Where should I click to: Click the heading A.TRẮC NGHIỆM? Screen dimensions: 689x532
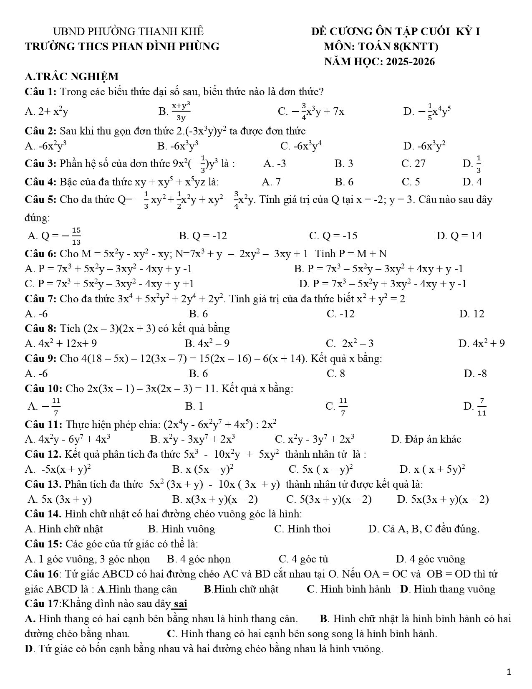pyautogui.click(x=72, y=77)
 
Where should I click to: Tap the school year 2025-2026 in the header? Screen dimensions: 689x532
pyautogui.click(x=410, y=62)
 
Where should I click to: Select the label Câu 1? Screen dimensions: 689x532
pyautogui.click(x=41, y=91)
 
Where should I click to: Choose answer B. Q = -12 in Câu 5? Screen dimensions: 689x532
pyautogui.click(x=203, y=236)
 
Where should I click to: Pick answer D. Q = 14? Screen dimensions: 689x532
pyautogui.click(x=459, y=236)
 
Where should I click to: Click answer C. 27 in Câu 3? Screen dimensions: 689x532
pyautogui.click(x=413, y=164)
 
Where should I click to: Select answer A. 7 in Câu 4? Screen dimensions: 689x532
pyautogui.click(x=271, y=182)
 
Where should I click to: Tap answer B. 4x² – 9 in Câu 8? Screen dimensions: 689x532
pyautogui.click(x=207, y=344)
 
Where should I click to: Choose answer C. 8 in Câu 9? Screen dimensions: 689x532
pyautogui.click(x=336, y=373)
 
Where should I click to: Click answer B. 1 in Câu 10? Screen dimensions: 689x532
pyautogui.click(x=194, y=406)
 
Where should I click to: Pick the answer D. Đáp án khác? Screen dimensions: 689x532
pyautogui.click(x=426, y=439)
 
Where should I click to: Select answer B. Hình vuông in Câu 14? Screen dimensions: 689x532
pyautogui.click(x=182, y=529)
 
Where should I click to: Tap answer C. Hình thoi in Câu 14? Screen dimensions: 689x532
pyautogui.click(x=302, y=529)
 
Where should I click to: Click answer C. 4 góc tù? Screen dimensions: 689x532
pyautogui.click(x=303, y=559)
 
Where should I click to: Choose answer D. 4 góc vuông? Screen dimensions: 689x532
pyautogui.click(x=431, y=559)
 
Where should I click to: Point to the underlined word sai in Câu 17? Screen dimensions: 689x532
pyautogui.click(x=180, y=604)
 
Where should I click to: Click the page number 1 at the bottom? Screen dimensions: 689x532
pyautogui.click(x=508, y=672)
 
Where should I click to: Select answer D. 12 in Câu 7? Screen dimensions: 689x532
pyautogui.click(x=471, y=314)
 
